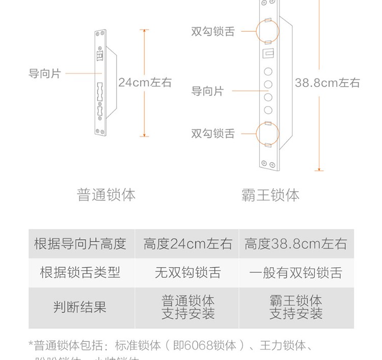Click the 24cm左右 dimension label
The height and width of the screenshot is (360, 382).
tap(145, 82)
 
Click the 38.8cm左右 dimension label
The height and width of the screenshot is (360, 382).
tap(327, 82)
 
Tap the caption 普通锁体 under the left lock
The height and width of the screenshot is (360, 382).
tap(106, 195)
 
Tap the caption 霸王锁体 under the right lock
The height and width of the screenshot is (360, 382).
tap(270, 195)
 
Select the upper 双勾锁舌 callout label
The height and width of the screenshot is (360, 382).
tap(213, 31)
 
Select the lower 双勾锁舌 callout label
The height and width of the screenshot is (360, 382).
tap(213, 134)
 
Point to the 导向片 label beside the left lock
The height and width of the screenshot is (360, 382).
tap(45, 73)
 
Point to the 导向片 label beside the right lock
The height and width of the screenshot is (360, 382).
tap(207, 91)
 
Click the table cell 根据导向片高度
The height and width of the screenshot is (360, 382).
tap(80, 244)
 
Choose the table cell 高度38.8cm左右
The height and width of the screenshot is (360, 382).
tap(295, 244)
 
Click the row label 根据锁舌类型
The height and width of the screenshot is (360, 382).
tap(80, 272)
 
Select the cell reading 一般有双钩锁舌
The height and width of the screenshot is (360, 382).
tap(295, 272)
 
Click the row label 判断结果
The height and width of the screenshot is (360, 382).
tap(80, 307)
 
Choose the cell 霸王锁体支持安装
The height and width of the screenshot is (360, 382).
tap(295, 307)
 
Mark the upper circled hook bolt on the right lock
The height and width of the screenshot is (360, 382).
tap(268, 30)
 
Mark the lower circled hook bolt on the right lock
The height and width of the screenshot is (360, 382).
tap(268, 134)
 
